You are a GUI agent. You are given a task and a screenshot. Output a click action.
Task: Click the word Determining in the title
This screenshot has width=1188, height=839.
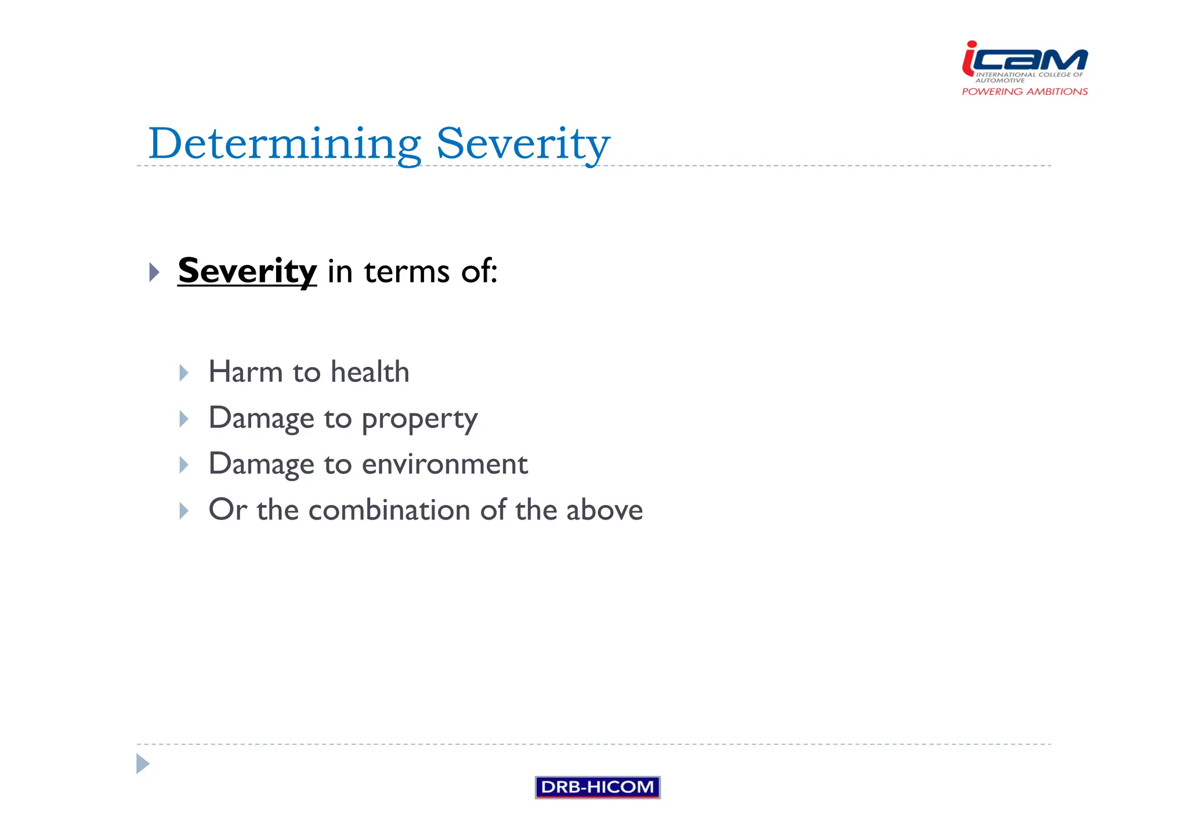(284, 144)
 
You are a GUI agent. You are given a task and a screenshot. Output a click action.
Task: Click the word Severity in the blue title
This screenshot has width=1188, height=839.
(523, 144)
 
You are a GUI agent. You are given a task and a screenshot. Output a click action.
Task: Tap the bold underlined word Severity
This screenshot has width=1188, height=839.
(247, 271)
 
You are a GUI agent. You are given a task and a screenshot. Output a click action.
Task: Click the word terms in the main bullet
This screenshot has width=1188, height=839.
(407, 272)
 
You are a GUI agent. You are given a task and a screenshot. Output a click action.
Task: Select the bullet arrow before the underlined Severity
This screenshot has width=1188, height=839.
(154, 272)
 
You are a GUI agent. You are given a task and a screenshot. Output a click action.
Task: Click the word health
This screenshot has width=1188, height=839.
(370, 372)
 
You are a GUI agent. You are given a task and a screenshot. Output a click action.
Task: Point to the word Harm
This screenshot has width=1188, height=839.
(245, 372)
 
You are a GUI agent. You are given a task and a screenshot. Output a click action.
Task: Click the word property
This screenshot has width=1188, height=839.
(419, 419)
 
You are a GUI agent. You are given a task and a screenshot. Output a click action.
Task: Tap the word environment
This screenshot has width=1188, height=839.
(444, 464)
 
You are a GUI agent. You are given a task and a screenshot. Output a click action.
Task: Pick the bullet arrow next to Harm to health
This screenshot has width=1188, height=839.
(184, 373)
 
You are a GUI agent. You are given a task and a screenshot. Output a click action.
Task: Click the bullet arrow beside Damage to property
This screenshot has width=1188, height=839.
(184, 419)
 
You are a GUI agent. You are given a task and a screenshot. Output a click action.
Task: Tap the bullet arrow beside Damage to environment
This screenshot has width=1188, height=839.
(184, 464)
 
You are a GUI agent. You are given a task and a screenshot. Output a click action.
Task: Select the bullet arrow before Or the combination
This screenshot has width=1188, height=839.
(184, 511)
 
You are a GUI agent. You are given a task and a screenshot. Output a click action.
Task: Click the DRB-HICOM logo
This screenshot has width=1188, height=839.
(597, 787)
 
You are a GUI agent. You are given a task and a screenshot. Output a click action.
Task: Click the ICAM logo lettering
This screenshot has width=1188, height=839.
(1025, 60)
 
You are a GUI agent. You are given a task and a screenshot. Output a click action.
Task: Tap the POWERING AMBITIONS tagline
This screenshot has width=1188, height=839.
(1024, 92)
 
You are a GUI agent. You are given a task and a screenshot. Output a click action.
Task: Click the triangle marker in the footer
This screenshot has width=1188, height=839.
(142, 764)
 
